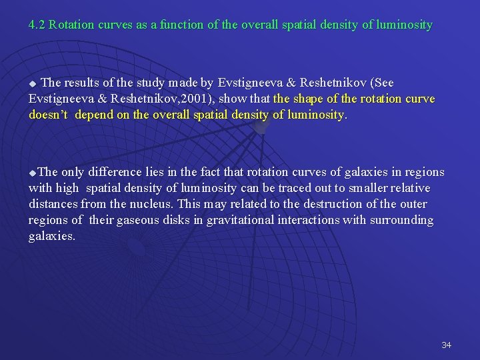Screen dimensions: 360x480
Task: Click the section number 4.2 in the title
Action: coord(37,25)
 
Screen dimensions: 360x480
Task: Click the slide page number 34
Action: coord(446,345)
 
